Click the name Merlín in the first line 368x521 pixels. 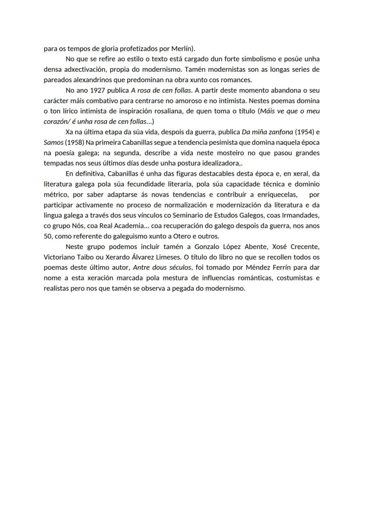pyautogui.click(x=182, y=48)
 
